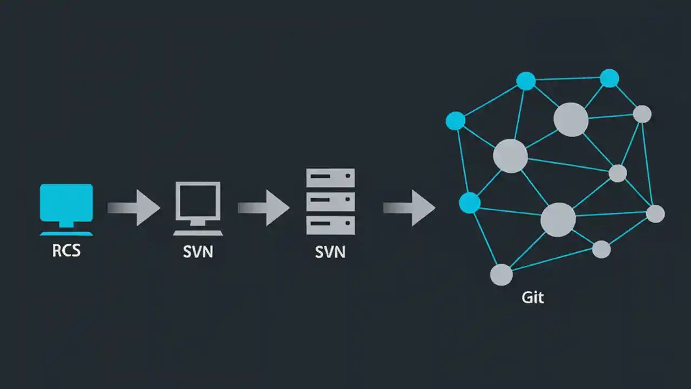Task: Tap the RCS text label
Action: click(66, 251)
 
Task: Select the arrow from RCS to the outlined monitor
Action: click(135, 207)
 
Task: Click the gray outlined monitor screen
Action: click(198, 200)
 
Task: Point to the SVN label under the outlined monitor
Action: click(198, 251)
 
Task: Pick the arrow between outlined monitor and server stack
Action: click(265, 207)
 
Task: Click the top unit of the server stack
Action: click(330, 178)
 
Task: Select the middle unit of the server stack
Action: click(330, 202)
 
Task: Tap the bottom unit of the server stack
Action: click(330, 225)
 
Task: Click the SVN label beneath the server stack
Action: click(330, 251)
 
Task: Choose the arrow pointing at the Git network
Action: click(410, 207)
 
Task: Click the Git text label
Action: click(533, 297)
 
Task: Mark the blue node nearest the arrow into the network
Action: click(469, 203)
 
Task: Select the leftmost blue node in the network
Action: click(455, 121)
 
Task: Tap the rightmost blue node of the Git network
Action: click(609, 78)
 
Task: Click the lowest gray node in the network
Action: click(501, 274)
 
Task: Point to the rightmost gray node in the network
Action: click(655, 213)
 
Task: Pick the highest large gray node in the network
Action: click(571, 119)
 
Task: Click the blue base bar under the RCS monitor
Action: click(66, 233)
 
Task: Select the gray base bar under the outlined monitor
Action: click(198, 233)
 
